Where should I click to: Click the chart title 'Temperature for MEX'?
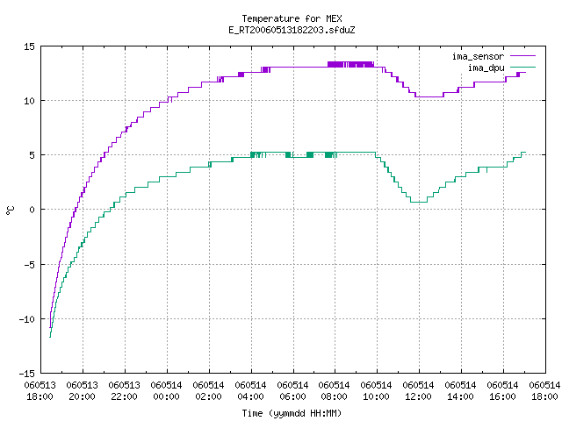tap(292, 18)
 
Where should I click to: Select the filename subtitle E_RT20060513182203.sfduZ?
tap(292, 30)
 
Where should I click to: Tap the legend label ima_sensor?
tap(478, 56)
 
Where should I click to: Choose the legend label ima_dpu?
tap(486, 68)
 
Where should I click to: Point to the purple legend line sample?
tap(523, 56)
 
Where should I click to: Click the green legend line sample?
tap(523, 68)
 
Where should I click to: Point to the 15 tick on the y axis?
tap(29, 46)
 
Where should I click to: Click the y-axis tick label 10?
tap(29, 101)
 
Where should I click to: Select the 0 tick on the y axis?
tap(32, 210)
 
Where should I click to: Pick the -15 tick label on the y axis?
tap(27, 374)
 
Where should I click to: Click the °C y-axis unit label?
tap(10, 210)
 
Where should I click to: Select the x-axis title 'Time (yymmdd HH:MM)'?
tap(292, 413)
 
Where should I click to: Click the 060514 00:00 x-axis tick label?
tap(166, 391)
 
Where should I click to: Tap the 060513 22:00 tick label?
tap(124, 391)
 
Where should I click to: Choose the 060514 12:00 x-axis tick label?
tap(418, 391)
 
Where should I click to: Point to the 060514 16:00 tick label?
tap(502, 391)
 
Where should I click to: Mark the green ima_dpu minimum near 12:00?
tap(419, 202)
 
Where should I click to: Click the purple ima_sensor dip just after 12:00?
tap(429, 96)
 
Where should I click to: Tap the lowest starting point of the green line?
tap(50, 337)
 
